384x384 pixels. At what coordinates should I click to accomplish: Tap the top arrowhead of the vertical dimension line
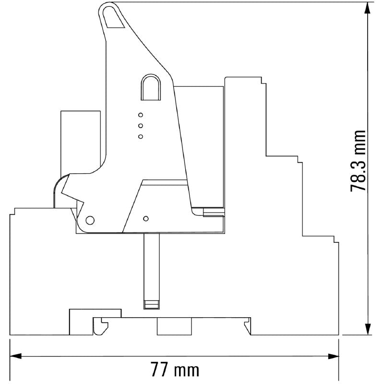[368, 8]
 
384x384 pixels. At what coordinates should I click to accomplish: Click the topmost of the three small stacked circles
[141, 115]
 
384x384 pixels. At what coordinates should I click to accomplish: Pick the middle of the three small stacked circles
[141, 126]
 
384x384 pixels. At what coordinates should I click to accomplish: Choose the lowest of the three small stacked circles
[141, 137]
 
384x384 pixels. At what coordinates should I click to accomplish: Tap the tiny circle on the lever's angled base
[146, 217]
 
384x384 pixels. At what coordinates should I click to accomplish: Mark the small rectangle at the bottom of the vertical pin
[151, 304]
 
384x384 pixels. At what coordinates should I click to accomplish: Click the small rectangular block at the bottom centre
[174, 326]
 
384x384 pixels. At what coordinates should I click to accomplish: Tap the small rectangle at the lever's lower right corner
[213, 212]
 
